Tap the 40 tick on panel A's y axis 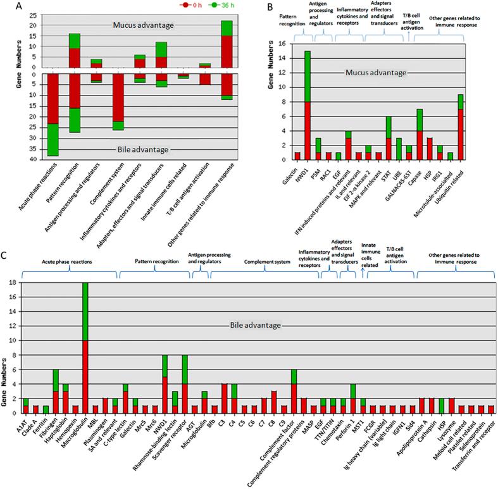(x=22, y=159)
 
